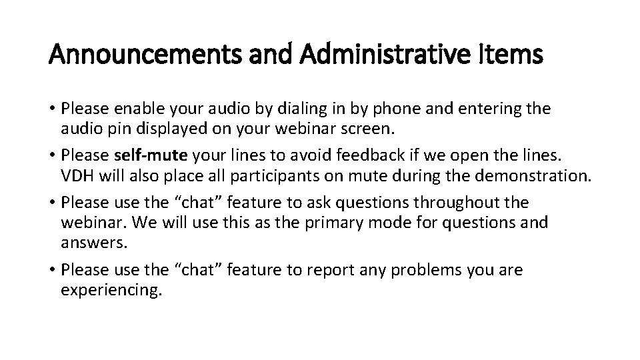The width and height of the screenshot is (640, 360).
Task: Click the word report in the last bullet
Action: (329, 270)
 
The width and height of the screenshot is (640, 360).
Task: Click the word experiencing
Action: (111, 291)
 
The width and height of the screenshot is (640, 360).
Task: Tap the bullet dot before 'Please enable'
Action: (53, 108)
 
